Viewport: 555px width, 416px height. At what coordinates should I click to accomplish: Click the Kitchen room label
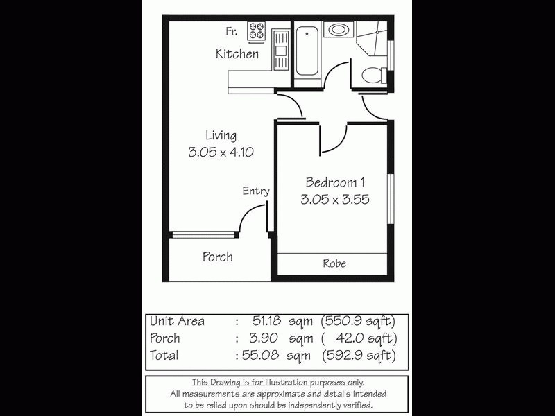(x=237, y=53)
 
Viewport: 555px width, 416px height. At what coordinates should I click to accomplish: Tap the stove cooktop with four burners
(x=257, y=32)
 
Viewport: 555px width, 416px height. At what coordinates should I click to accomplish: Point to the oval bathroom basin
(x=339, y=30)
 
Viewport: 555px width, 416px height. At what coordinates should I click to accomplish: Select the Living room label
(x=221, y=135)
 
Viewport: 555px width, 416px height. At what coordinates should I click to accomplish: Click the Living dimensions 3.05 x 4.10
(x=219, y=153)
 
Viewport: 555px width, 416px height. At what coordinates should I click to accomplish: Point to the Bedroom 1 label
(x=335, y=182)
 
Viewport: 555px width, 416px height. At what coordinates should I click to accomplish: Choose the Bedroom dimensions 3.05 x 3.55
(x=334, y=200)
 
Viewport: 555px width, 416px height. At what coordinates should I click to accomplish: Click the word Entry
(x=255, y=191)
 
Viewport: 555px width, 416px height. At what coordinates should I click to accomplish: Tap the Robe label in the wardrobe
(x=334, y=263)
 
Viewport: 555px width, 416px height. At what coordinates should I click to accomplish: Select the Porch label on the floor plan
(x=217, y=257)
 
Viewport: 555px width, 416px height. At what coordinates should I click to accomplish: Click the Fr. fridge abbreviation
(x=231, y=31)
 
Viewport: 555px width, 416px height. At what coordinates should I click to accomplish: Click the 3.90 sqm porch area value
(x=277, y=338)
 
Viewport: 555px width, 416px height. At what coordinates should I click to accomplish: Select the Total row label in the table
(x=164, y=356)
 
